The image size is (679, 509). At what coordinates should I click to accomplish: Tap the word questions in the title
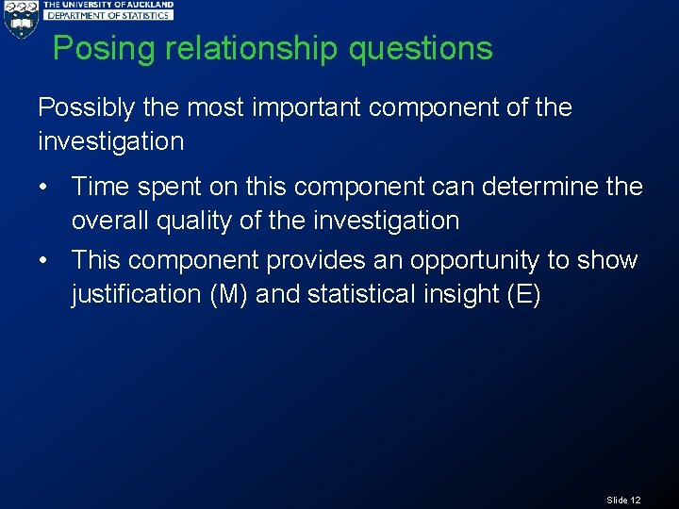click(x=421, y=49)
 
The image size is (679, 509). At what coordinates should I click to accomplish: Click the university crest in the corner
click(x=20, y=20)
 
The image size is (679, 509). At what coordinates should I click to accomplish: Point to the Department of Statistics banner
click(x=109, y=15)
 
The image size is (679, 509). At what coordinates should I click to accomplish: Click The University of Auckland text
click(x=109, y=5)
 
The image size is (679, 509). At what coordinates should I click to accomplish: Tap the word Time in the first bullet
click(x=100, y=187)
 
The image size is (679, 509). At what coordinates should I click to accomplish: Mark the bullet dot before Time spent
click(x=44, y=187)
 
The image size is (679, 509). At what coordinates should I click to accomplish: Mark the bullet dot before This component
click(x=44, y=259)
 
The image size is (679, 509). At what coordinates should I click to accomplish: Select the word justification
click(x=131, y=294)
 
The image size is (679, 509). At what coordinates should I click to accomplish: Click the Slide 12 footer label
click(x=623, y=500)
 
